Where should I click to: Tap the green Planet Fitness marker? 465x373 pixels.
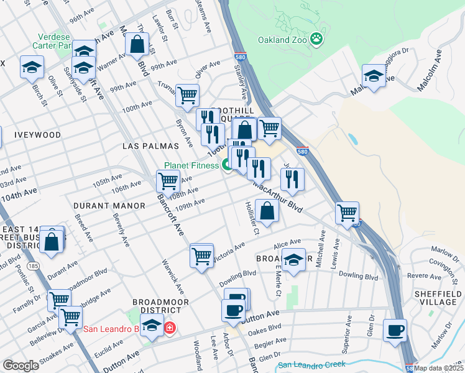228,165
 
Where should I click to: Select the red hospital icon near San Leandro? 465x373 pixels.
169,328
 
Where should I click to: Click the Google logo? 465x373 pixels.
21,366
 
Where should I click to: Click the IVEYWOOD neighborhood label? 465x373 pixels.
39,135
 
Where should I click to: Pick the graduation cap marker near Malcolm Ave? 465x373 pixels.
374,76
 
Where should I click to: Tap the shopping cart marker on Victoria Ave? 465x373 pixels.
201,255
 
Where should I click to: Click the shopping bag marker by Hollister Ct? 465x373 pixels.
267,211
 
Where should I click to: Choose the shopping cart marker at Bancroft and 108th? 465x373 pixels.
168,182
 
